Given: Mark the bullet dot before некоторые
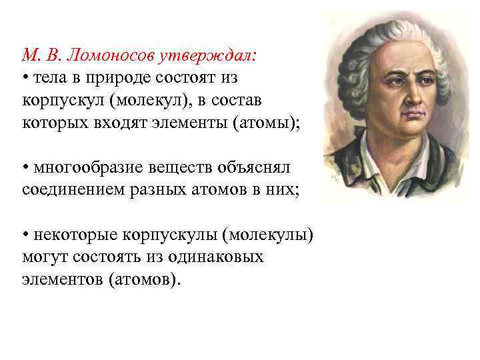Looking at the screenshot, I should [x=25, y=235].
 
